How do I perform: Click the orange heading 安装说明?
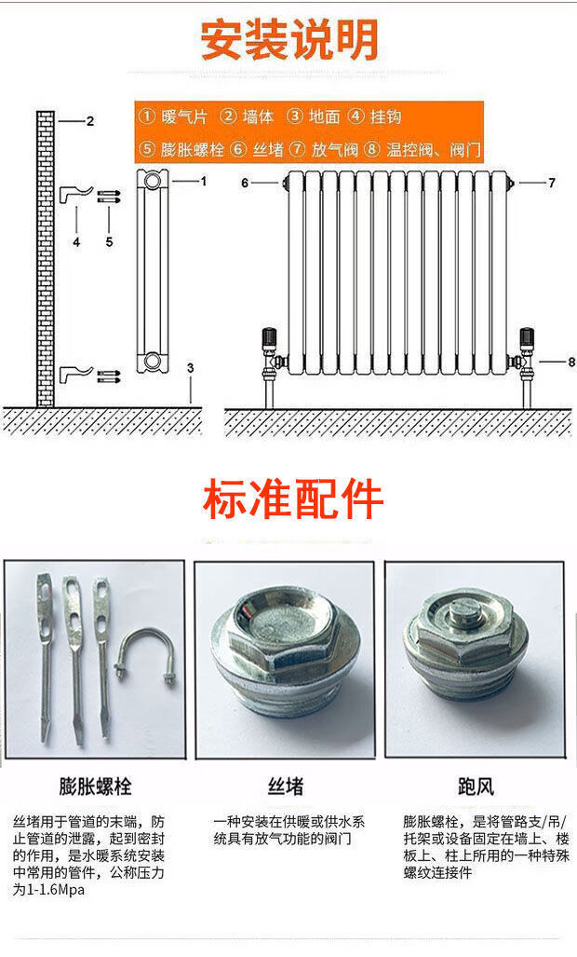289,40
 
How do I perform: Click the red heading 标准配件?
292,499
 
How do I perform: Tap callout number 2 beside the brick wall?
90,121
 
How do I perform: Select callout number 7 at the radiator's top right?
552,183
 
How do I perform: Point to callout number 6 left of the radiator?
245,183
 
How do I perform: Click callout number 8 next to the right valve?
570,362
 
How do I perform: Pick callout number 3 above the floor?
190,368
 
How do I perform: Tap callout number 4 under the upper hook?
76,241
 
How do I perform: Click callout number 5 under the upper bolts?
109,241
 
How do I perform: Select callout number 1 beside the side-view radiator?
204,182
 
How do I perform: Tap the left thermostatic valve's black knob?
268,336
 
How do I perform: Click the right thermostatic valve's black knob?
527,336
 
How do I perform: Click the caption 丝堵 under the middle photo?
285,786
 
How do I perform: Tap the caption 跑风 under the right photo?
476,786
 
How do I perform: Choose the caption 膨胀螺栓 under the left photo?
95,786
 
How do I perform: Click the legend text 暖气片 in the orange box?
184,116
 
